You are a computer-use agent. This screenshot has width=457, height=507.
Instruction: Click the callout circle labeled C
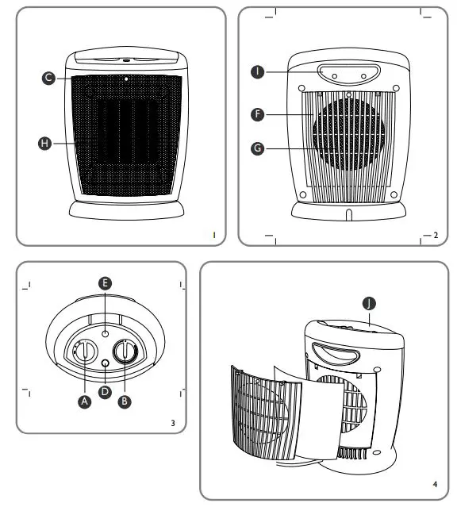point(49,78)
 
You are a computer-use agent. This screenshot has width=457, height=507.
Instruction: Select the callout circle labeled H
point(45,143)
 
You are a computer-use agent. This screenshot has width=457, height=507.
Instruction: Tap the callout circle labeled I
point(256,72)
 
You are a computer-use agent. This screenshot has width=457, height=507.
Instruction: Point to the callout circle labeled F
point(256,115)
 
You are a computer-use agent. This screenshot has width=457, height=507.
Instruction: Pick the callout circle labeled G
point(256,148)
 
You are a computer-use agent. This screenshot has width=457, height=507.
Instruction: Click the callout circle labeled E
point(105,283)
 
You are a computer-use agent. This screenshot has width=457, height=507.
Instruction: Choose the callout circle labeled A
point(84,401)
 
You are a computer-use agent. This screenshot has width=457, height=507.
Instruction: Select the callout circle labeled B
point(124,401)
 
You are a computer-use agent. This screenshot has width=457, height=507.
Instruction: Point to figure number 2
point(436,235)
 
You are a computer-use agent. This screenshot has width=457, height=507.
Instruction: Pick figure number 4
point(436,482)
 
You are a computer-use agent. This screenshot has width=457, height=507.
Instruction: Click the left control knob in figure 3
point(83,352)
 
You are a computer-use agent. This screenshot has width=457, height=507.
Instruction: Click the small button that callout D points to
point(106,363)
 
